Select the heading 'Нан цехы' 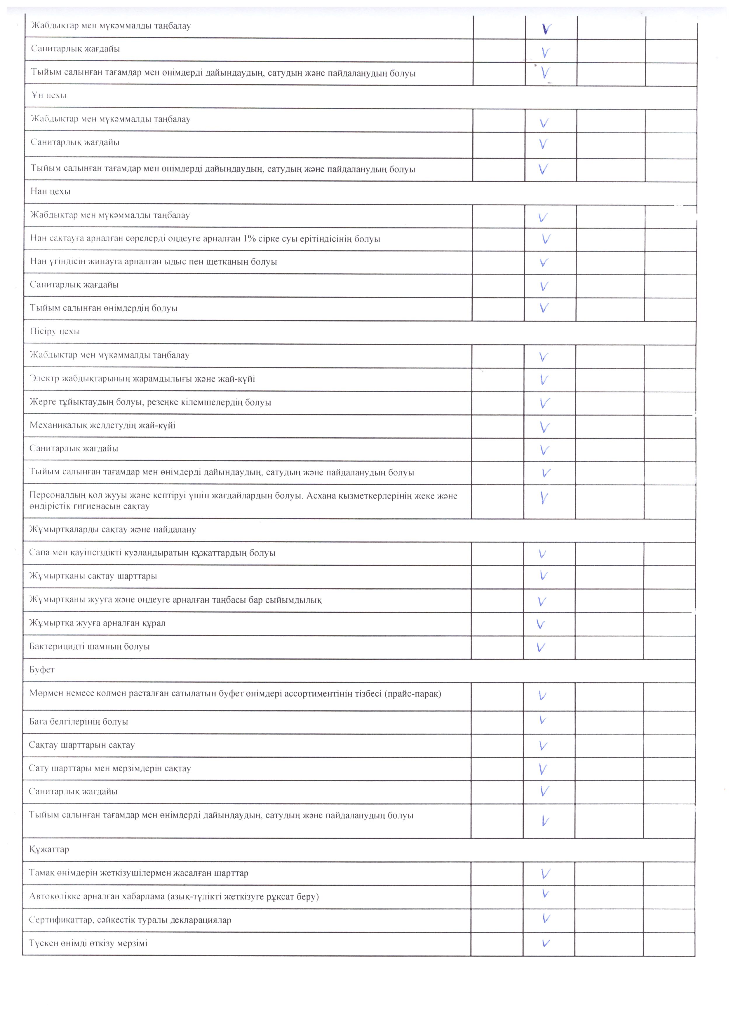(x=50, y=191)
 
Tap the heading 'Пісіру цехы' (x=55, y=331)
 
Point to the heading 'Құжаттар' (x=49, y=849)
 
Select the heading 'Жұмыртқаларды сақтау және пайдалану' (x=112, y=530)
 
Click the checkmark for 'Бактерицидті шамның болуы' (x=541, y=647)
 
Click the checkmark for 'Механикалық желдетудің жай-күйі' (x=545, y=427)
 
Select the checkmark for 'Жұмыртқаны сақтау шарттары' (x=544, y=576)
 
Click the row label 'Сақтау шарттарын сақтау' (x=82, y=745)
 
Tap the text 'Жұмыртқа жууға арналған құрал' (x=97, y=623)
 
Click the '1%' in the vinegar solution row (x=249, y=239)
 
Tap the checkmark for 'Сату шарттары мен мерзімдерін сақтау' (x=544, y=769)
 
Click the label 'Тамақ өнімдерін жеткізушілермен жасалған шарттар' (x=138, y=873)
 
